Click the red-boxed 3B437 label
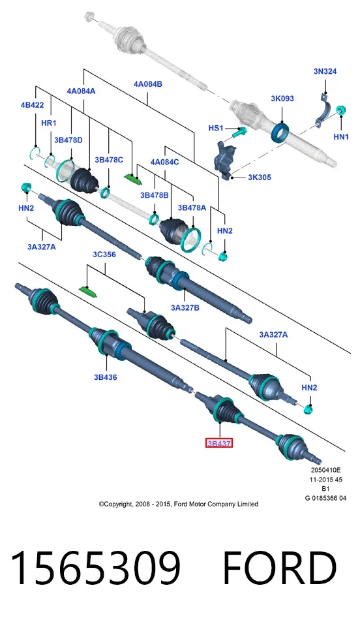click(x=218, y=443)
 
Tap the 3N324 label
click(x=325, y=71)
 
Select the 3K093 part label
click(x=282, y=99)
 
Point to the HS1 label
click(x=216, y=128)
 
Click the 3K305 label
click(x=259, y=177)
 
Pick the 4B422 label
click(x=32, y=105)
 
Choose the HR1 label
click(x=49, y=123)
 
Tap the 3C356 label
click(x=104, y=255)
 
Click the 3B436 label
click(x=105, y=377)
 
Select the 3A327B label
click(x=185, y=307)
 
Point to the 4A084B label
click(x=148, y=84)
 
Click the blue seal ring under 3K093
click(x=280, y=132)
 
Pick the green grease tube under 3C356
click(x=88, y=292)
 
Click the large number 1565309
click(x=95, y=568)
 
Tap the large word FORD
click(x=280, y=568)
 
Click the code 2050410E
click(x=325, y=470)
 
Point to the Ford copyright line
click(x=179, y=504)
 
